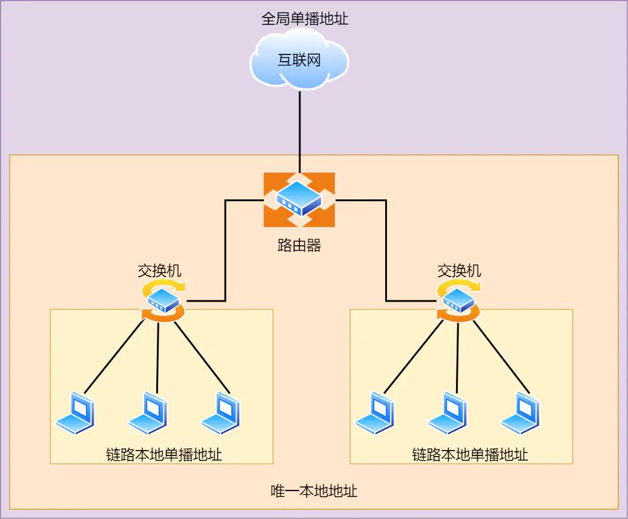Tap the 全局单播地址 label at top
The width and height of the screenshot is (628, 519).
(x=305, y=19)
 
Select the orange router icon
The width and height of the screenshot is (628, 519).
(x=299, y=199)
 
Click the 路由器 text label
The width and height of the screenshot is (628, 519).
(x=299, y=245)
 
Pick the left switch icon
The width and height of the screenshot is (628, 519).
(x=164, y=300)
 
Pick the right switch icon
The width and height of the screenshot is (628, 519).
(x=458, y=300)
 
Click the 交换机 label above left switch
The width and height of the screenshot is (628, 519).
(x=159, y=271)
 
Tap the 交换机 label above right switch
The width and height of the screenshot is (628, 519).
(x=459, y=271)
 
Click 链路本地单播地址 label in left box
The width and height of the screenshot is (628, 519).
(x=164, y=454)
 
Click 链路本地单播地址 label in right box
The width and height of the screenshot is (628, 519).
(x=470, y=454)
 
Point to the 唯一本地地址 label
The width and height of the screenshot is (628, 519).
(x=314, y=491)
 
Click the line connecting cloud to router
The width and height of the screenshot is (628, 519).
(x=299, y=130)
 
